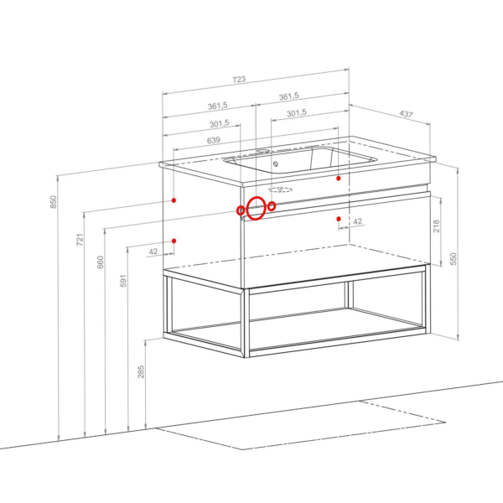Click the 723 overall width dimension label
[239, 80]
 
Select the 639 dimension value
[214, 140]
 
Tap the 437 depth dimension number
[406, 114]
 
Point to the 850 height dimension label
[54, 202]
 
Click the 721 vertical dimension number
[80, 240]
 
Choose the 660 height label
[101, 262]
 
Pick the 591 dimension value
[123, 281]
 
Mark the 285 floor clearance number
[141, 371]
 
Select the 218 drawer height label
[436, 226]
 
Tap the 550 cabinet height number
[453, 259]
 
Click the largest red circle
[256, 209]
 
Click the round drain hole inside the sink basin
[276, 164]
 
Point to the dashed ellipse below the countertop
[281, 189]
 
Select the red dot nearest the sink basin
[339, 178]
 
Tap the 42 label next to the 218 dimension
[358, 221]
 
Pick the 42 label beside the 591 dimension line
[153, 251]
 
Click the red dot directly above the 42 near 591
[174, 241]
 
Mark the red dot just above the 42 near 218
[339, 219]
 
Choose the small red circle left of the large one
[241, 210]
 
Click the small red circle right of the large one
[272, 206]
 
